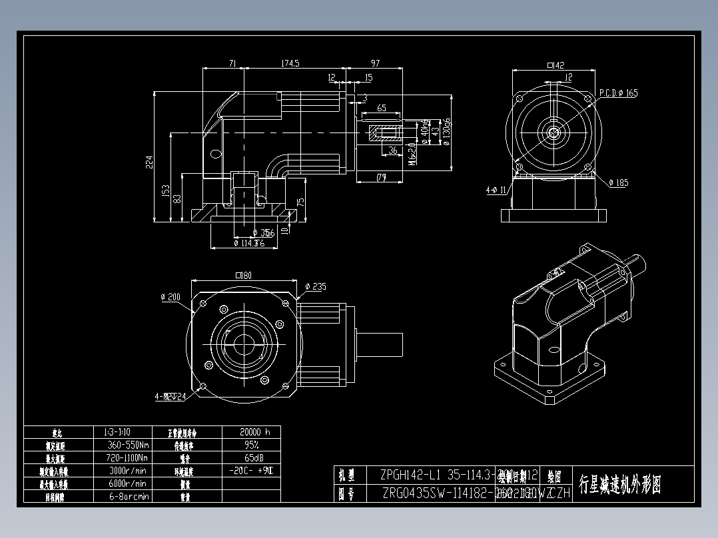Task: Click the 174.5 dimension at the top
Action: (290, 63)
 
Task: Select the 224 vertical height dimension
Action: (150, 162)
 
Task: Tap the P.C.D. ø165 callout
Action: (618, 93)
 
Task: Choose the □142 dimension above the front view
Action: (555, 65)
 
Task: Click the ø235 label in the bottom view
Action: (316, 287)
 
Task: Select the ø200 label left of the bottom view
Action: (171, 297)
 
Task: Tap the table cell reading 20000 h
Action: (254, 432)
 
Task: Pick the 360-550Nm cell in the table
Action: (129, 445)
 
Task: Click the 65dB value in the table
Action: (254, 458)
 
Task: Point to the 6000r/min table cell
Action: (129, 483)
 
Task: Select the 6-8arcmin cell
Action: (129, 497)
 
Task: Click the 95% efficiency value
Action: (252, 445)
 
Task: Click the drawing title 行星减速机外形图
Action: (619, 485)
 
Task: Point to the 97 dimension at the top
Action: (375, 63)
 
